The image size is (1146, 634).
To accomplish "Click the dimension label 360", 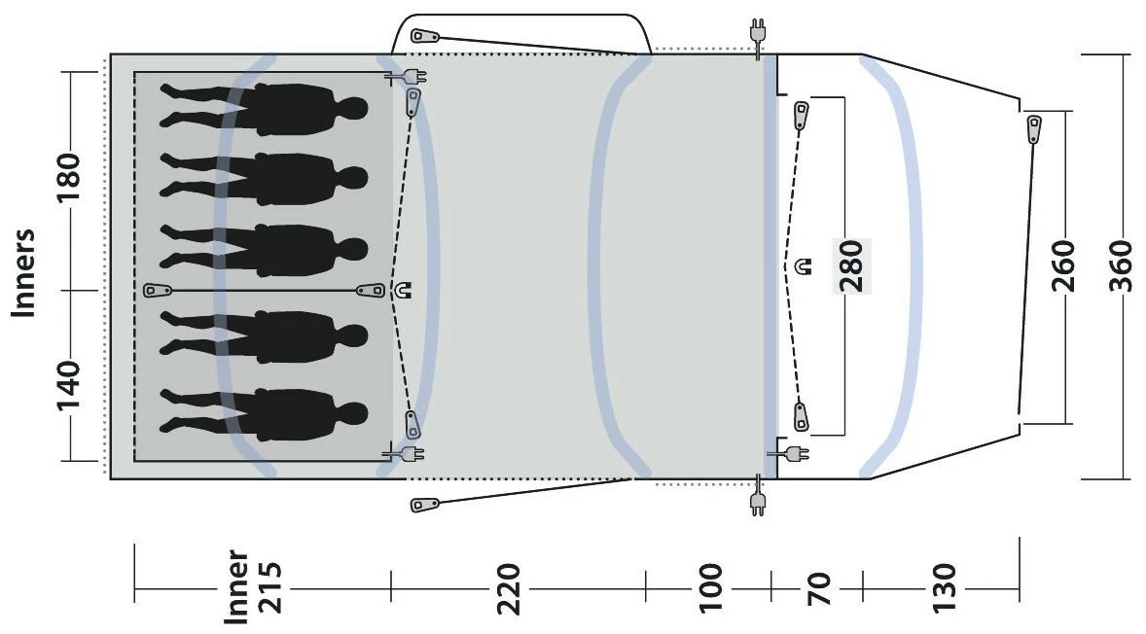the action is pos(1121,265).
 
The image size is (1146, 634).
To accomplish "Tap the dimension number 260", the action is pos(1064,265).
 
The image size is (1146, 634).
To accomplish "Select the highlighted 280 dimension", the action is pos(852,265).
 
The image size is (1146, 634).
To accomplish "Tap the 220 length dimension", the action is pos(509,588).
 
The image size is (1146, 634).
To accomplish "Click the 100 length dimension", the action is pos(710,588).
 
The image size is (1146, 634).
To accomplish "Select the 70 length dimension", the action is pos(819,588).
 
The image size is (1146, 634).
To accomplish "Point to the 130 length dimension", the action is pos(945,588).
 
